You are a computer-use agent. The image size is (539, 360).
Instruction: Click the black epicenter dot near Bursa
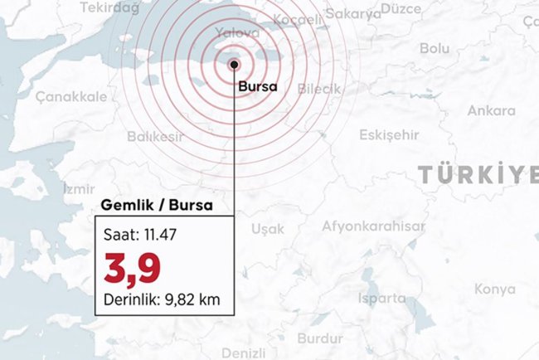click(x=235, y=63)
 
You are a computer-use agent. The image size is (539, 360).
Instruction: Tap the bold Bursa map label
click(x=255, y=85)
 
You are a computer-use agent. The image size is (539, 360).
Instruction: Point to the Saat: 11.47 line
click(x=139, y=235)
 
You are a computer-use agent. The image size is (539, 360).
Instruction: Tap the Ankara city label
click(x=491, y=110)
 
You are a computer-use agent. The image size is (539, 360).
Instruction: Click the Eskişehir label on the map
click(x=389, y=135)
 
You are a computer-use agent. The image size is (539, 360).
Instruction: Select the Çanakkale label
click(x=70, y=96)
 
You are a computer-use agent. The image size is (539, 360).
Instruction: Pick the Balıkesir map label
click(x=156, y=137)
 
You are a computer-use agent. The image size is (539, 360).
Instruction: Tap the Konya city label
click(x=495, y=289)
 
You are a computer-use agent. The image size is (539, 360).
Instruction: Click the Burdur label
click(x=319, y=338)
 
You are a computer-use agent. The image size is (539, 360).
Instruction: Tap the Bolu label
click(x=434, y=49)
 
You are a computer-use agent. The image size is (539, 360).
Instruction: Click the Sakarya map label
click(x=352, y=14)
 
